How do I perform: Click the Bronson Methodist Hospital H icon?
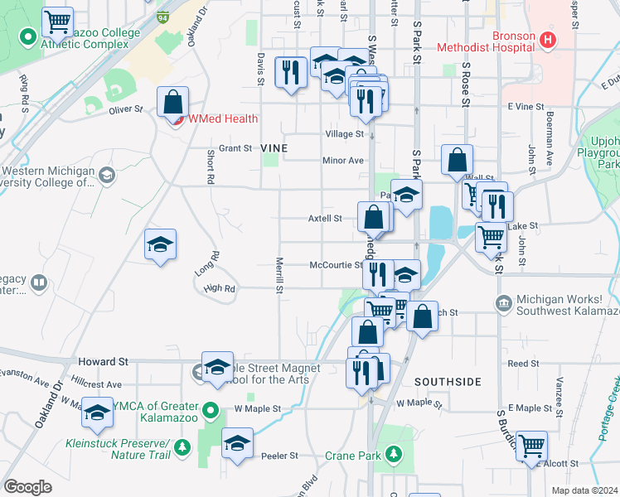tap(546, 39)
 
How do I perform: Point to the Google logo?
tap(27, 487)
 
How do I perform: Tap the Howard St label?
tap(104, 362)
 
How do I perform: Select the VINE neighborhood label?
tap(274, 147)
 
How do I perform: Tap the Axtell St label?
tap(325, 219)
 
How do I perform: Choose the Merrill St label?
tap(280, 276)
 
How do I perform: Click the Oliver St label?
tap(126, 108)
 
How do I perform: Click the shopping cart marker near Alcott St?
tap(531, 446)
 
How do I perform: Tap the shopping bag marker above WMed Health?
tap(173, 104)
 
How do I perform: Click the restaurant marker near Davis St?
tap(289, 72)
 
